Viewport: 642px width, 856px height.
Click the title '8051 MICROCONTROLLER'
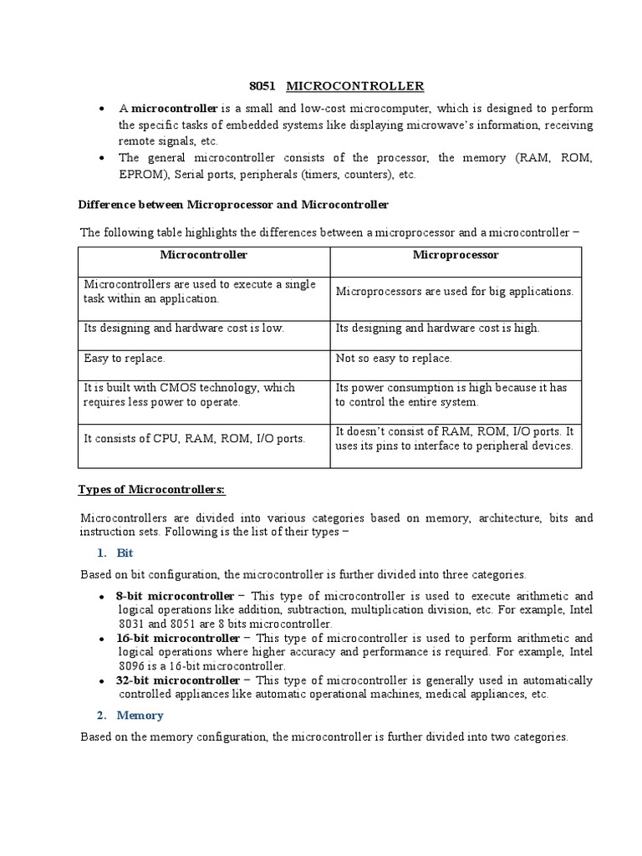[x=337, y=86]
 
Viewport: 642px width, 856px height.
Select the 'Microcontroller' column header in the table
[x=204, y=255]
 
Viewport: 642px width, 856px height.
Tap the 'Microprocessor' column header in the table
[x=456, y=255]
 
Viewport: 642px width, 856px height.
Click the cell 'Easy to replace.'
[x=125, y=358]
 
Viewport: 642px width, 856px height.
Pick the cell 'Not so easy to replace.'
[x=394, y=358]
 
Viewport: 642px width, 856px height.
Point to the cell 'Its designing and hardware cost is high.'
[x=437, y=328]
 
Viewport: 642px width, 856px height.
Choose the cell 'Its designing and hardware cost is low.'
[x=184, y=328]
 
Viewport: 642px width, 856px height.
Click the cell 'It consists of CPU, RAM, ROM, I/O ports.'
[x=194, y=438]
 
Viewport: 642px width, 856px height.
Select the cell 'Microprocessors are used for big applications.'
[x=454, y=291]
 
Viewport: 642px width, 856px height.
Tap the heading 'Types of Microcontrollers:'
[x=151, y=489]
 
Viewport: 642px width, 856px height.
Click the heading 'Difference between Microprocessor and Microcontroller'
[x=233, y=204]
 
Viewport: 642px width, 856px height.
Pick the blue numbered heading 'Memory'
[x=140, y=716]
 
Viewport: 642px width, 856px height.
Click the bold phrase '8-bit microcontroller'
[x=176, y=595]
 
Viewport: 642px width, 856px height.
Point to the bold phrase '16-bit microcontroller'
[x=178, y=638]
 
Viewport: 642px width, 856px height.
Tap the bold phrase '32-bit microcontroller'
[x=178, y=680]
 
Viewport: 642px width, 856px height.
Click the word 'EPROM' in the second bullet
[x=143, y=175]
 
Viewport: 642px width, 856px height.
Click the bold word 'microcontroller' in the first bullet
[x=175, y=109]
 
